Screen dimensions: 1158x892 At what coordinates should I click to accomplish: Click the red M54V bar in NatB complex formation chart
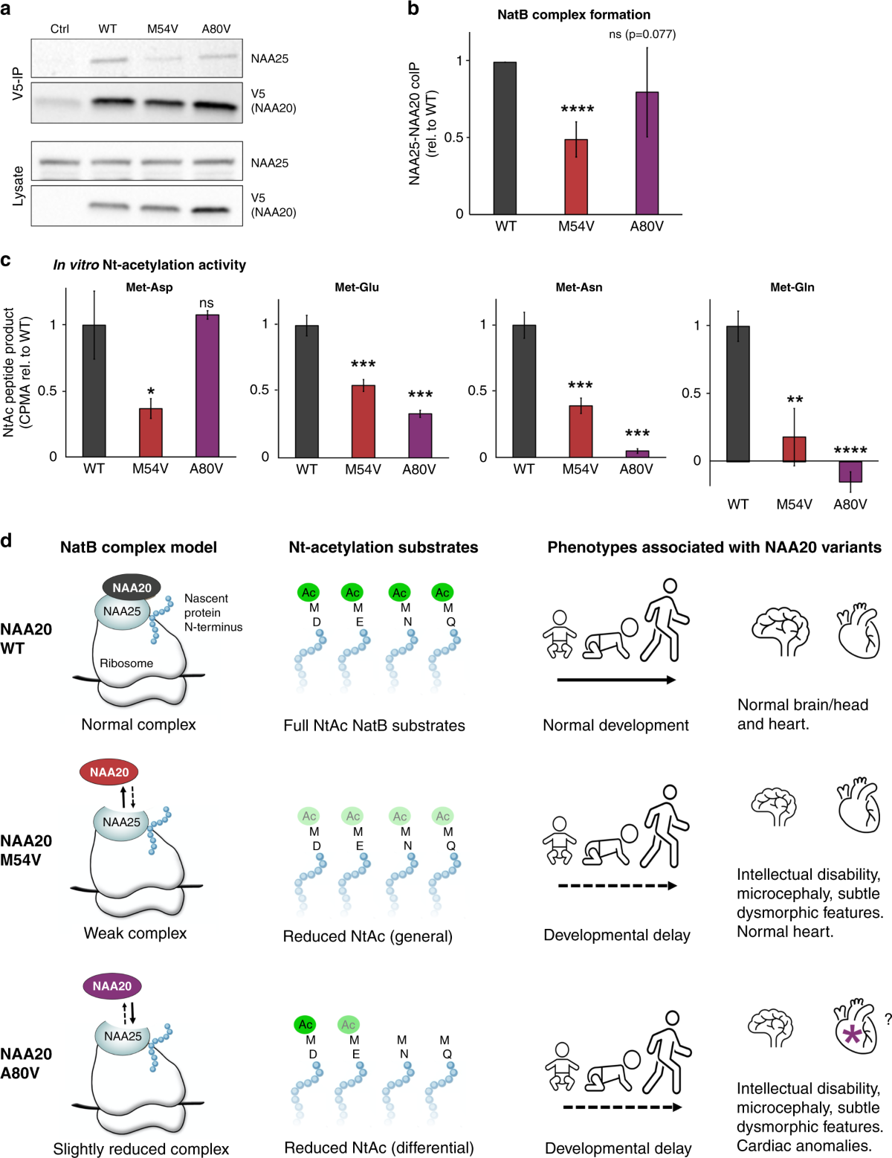click(x=576, y=177)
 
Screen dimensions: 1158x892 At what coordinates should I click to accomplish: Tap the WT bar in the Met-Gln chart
click(x=737, y=393)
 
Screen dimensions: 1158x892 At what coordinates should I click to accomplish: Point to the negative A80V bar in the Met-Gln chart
click(x=850, y=472)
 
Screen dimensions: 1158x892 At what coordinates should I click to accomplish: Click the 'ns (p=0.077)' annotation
click(x=642, y=34)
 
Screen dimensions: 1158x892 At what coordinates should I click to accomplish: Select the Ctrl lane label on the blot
click(x=59, y=29)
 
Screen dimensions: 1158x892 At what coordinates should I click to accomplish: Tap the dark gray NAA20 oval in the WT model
click(x=132, y=588)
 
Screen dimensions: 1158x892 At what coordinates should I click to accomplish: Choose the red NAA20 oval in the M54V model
click(x=109, y=772)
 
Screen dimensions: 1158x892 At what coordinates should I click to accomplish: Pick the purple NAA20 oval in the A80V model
click(x=111, y=986)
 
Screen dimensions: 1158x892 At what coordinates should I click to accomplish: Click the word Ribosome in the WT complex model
click(x=126, y=663)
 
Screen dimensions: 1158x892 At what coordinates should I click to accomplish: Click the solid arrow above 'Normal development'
click(x=616, y=680)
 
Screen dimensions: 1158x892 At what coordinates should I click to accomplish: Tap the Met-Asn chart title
click(x=579, y=287)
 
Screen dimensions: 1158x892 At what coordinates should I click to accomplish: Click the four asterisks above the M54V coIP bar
click(x=577, y=110)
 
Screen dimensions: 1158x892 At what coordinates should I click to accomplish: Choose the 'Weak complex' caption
click(x=135, y=933)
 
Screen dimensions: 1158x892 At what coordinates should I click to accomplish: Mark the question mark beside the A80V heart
click(x=888, y=1020)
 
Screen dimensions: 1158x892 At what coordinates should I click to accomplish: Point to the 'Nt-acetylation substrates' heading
click(x=383, y=547)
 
